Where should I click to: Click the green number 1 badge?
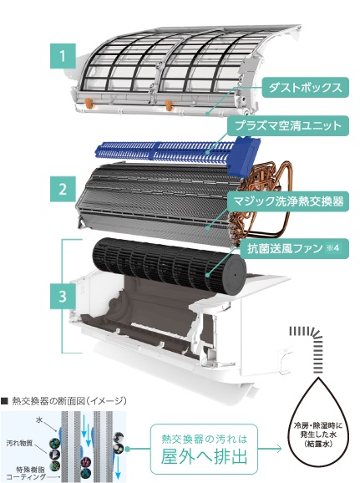pyautogui.click(x=63, y=56)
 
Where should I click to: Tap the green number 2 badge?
pyautogui.click(x=63, y=189)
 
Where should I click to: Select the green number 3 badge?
pyautogui.click(x=63, y=297)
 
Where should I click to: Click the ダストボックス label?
pyautogui.click(x=305, y=88)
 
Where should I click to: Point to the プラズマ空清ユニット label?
pyautogui.click(x=288, y=125)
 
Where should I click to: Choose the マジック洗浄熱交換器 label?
pyautogui.click(x=288, y=201)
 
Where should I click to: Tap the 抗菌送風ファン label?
pyautogui.click(x=294, y=248)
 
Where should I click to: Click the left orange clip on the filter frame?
pyautogui.click(x=89, y=103)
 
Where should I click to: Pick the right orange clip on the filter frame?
pyautogui.click(x=169, y=105)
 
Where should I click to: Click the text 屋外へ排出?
pyautogui.click(x=204, y=455)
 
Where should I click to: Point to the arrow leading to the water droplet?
pyautogui.click(x=270, y=449)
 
